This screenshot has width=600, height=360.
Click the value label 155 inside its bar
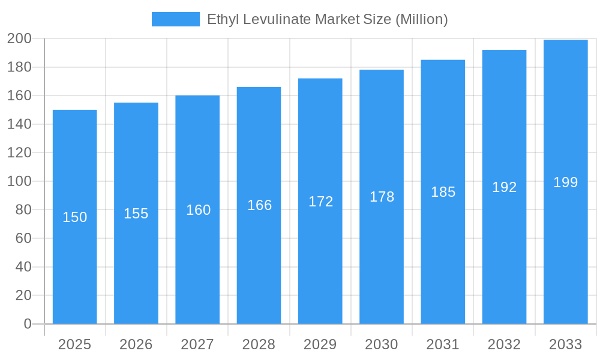pos(136,214)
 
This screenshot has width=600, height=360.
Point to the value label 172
pos(320,202)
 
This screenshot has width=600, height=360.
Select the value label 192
pos(504,187)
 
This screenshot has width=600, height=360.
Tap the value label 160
pos(198,210)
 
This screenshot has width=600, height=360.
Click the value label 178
pos(382,197)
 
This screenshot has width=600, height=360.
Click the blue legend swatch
pos(175,19)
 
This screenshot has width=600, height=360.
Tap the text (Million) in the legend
pos(421,19)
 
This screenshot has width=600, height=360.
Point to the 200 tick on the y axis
pos(19,39)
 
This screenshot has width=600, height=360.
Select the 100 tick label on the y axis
pos(19,181)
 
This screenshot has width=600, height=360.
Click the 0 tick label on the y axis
pos(27,324)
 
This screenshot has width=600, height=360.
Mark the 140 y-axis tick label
pos(19,124)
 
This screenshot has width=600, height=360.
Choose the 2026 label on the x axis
pos(136,344)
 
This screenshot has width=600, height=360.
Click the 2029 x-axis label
pos(320,344)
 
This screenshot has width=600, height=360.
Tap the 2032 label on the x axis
pos(504,344)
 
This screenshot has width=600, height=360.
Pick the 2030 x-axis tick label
pos(382,344)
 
